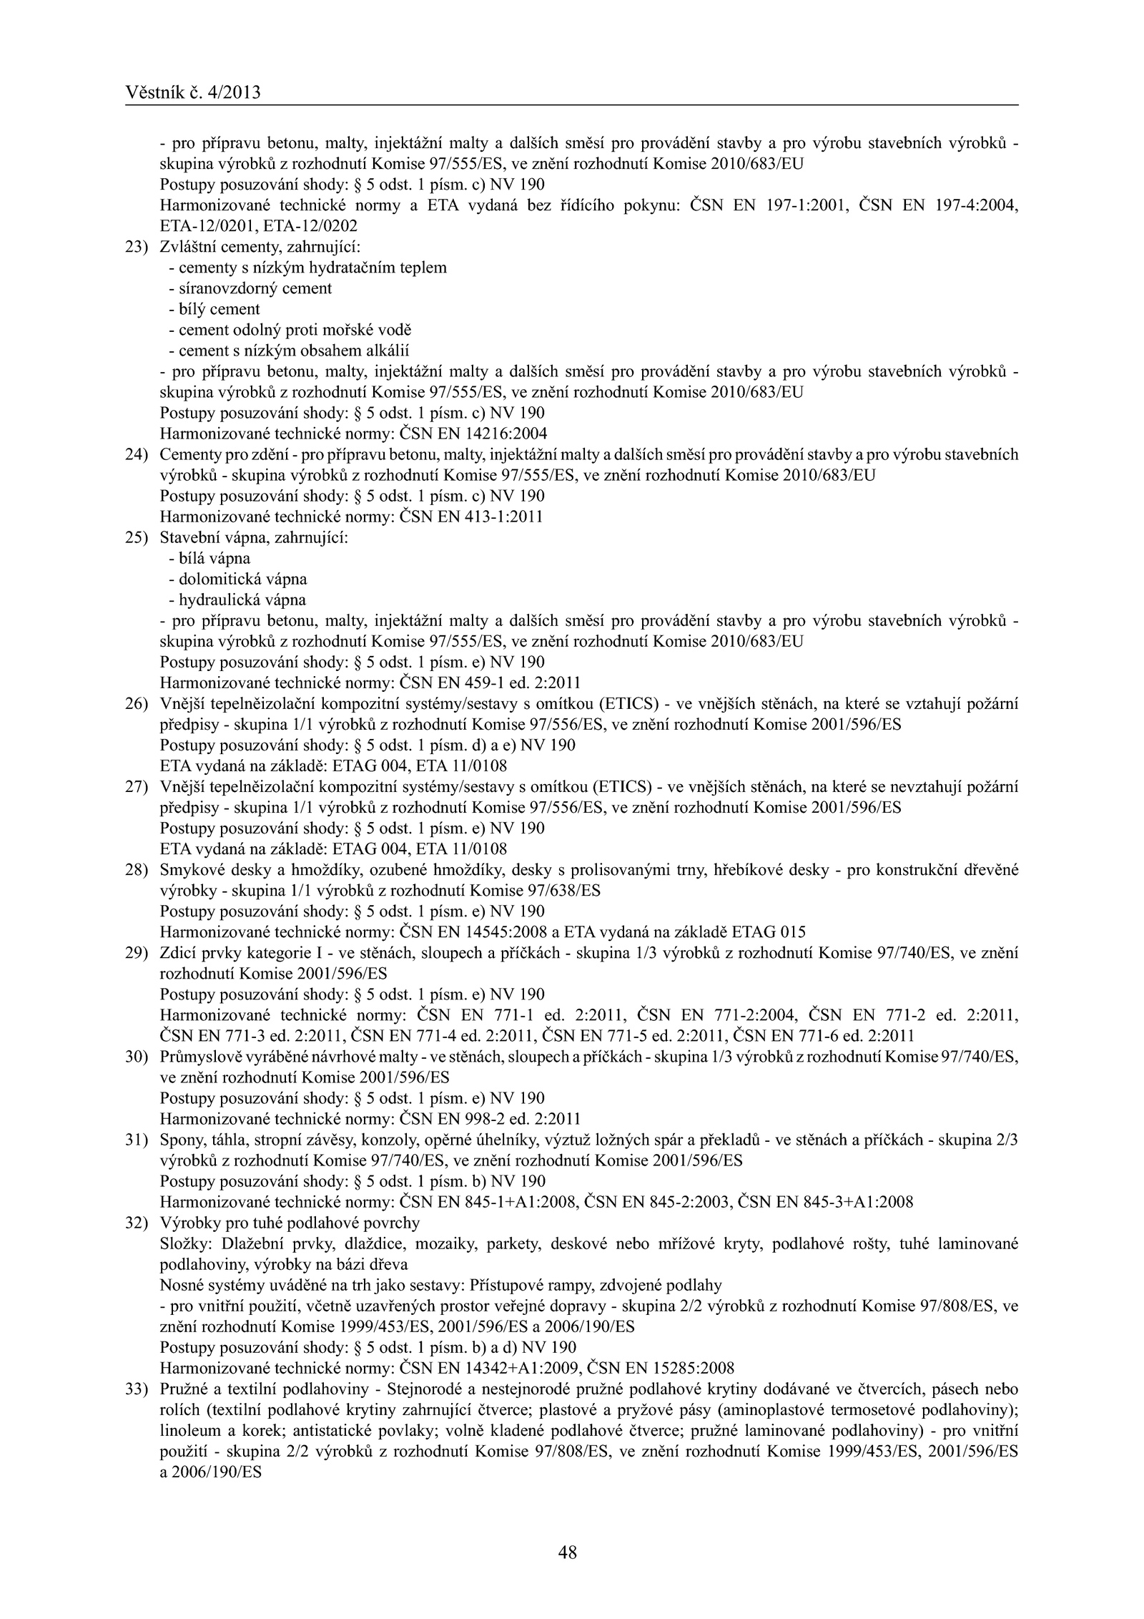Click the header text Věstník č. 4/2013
pyautogui.click(x=192, y=92)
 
